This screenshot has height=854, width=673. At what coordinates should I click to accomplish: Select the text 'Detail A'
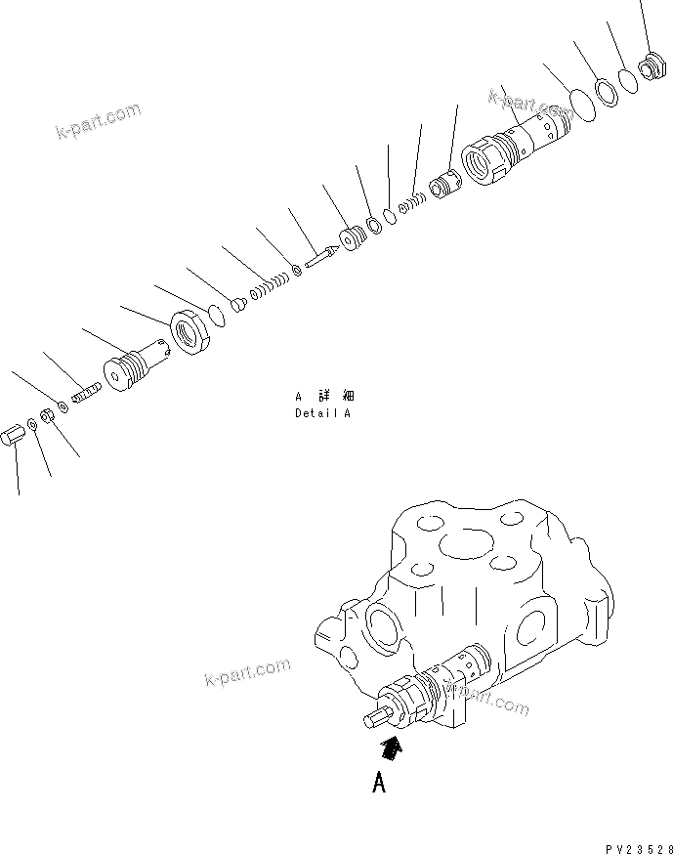click(322, 413)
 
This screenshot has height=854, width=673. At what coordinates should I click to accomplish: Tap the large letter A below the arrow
click(379, 783)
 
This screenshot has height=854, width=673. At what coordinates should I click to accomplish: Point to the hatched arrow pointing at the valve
click(391, 749)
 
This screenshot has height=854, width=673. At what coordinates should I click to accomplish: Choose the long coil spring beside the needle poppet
click(267, 286)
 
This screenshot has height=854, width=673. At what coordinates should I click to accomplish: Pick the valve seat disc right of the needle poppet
click(350, 239)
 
